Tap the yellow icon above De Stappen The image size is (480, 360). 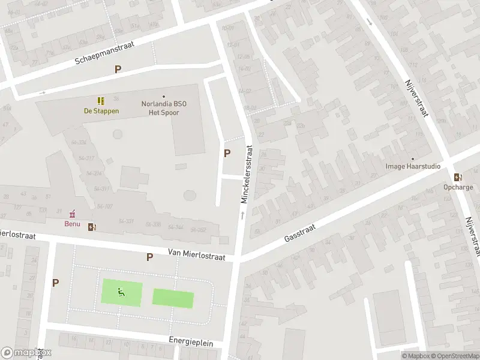(x=101, y=101)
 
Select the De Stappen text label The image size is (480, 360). (x=101, y=111)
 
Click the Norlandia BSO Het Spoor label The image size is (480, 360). (x=163, y=107)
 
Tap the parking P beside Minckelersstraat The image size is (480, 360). (x=227, y=153)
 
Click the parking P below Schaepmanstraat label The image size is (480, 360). (x=118, y=69)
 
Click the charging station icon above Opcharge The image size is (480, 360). (x=458, y=177)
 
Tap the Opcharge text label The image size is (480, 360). (x=458, y=187)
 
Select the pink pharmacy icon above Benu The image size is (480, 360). (x=73, y=214)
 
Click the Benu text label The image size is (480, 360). (x=72, y=224)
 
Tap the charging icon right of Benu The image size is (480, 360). (x=92, y=227)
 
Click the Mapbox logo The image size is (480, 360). (x=26, y=353)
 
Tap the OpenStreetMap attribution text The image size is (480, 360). (x=454, y=356)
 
